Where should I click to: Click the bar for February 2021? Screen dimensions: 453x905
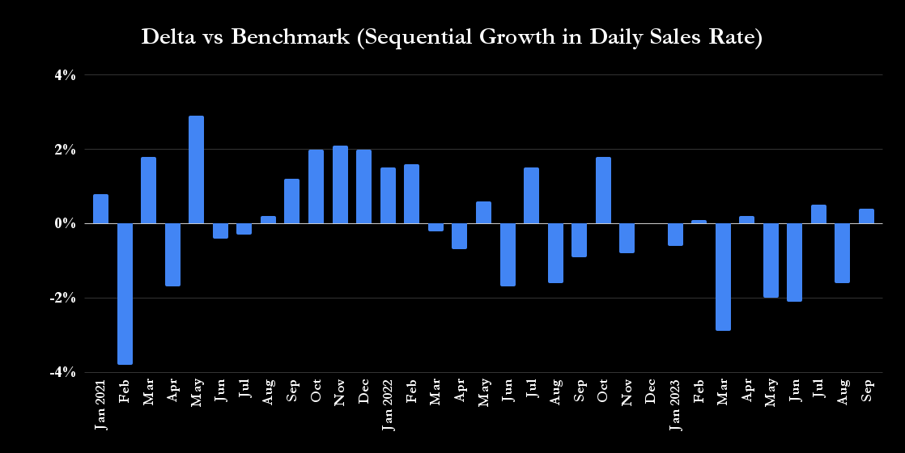pyautogui.click(x=125, y=294)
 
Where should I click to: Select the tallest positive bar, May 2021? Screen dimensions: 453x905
pyautogui.click(x=196, y=170)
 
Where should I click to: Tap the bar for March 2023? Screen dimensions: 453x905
pyautogui.click(x=723, y=277)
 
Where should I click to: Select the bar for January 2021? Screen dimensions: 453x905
pyautogui.click(x=100, y=209)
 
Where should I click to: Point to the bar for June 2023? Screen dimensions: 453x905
pyautogui.click(x=794, y=262)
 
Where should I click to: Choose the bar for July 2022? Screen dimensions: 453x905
pyautogui.click(x=531, y=196)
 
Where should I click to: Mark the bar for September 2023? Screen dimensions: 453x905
pyautogui.click(x=866, y=216)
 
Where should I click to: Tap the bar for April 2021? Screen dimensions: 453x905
pyautogui.click(x=172, y=255)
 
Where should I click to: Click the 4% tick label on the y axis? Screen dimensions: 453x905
pyautogui.click(x=65, y=75)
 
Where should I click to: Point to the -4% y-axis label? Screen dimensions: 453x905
pyautogui.click(x=63, y=372)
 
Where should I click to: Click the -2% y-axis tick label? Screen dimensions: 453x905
pyautogui.click(x=63, y=298)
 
